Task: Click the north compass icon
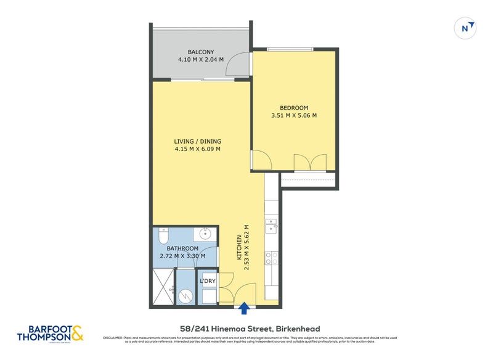click(x=467, y=28)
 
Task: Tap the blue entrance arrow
click(x=245, y=308)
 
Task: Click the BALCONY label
click(x=201, y=52)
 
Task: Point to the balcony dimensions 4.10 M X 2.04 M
click(x=201, y=60)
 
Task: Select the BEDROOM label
click(x=294, y=108)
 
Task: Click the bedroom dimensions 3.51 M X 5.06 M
click(x=294, y=115)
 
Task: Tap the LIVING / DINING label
click(x=197, y=141)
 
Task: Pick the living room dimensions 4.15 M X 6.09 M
click(x=197, y=149)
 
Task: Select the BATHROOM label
click(x=182, y=248)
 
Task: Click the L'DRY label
click(x=208, y=281)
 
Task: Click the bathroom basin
click(x=206, y=234)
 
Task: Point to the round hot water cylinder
click(x=186, y=297)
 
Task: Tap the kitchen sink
click(x=272, y=227)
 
